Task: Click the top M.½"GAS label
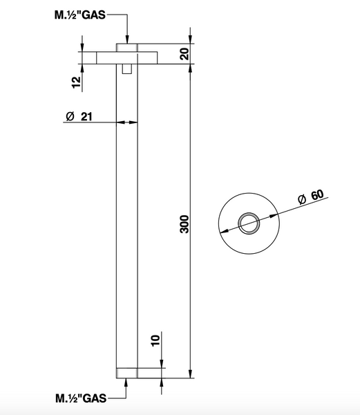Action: click(x=80, y=15)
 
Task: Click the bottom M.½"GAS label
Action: click(x=81, y=398)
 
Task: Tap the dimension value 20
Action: click(x=185, y=54)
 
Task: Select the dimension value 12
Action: click(x=76, y=82)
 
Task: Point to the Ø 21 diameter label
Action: click(x=79, y=116)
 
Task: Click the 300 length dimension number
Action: click(x=184, y=224)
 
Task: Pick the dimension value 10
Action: click(x=155, y=340)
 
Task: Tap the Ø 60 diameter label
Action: click(x=310, y=197)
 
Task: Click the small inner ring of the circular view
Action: click(x=249, y=223)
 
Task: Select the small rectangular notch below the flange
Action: click(x=127, y=68)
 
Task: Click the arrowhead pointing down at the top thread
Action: click(x=127, y=39)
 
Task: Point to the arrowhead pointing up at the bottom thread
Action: click(x=126, y=382)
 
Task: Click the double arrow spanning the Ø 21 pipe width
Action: click(x=127, y=122)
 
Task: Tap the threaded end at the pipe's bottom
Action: click(x=127, y=373)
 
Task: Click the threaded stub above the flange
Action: click(x=127, y=48)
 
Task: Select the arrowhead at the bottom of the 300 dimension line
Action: click(x=190, y=373)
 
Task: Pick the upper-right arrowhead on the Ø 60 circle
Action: click(x=274, y=216)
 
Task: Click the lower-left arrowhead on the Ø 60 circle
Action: click(x=224, y=231)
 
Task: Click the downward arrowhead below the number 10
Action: click(x=162, y=363)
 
